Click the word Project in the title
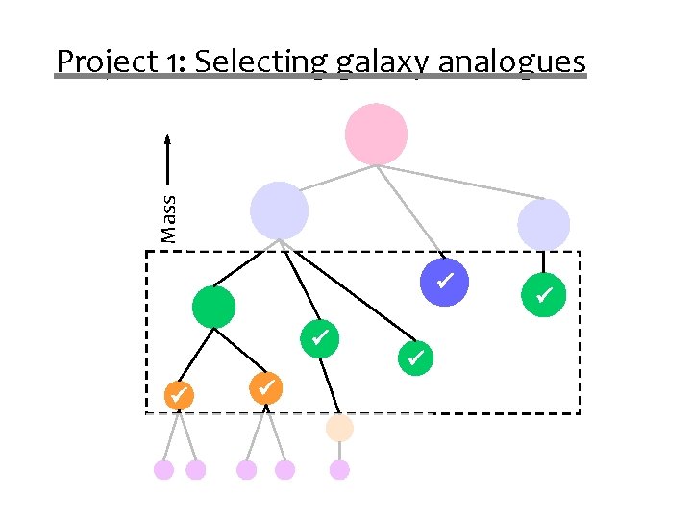point(101,62)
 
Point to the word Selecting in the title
point(261,62)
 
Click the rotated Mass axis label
point(169,217)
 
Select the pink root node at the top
point(377,135)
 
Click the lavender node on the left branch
point(279,210)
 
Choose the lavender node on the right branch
point(543,225)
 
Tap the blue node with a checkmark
point(445,282)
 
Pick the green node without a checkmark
point(213,307)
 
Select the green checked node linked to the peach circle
point(320,337)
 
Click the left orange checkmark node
point(177,394)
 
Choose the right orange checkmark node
point(266,386)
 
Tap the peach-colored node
point(339,428)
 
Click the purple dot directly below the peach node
point(339,469)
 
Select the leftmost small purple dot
point(164,469)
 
